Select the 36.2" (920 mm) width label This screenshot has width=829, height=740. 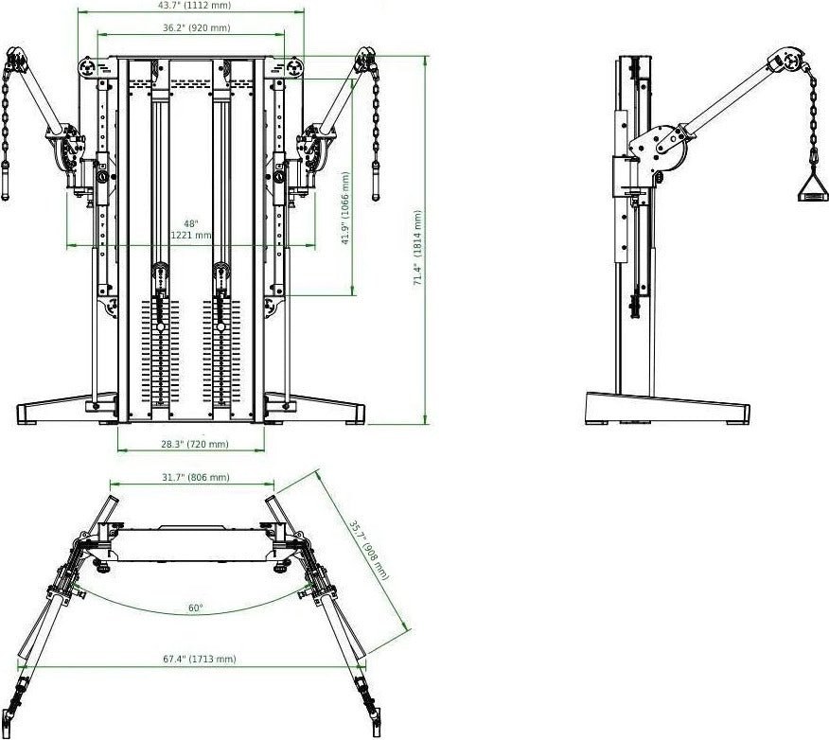(x=195, y=28)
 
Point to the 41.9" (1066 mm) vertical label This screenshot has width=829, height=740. (x=346, y=208)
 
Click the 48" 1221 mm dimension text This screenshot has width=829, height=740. (x=191, y=230)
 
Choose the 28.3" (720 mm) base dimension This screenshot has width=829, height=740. (x=194, y=444)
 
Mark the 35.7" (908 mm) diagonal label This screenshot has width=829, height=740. (x=367, y=549)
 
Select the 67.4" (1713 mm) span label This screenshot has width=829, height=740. (x=194, y=658)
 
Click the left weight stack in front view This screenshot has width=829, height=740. (x=160, y=355)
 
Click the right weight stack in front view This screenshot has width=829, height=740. (x=221, y=355)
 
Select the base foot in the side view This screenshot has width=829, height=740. (x=666, y=409)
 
